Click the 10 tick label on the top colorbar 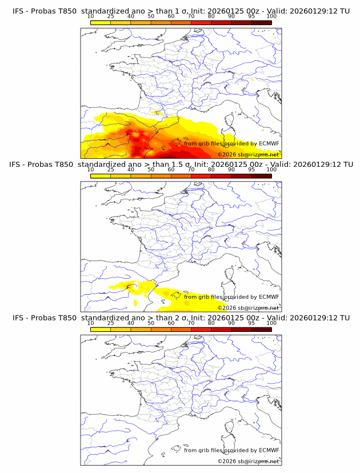point(91,17)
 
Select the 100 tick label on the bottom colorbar point(271,323)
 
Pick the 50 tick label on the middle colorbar point(151,170)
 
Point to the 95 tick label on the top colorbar point(251,17)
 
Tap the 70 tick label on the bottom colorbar point(191,323)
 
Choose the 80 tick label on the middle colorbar point(211,170)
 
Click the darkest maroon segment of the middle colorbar point(261,175)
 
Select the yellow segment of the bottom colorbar point(101,328)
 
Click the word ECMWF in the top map point(269,143)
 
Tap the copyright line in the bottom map point(248,461)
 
